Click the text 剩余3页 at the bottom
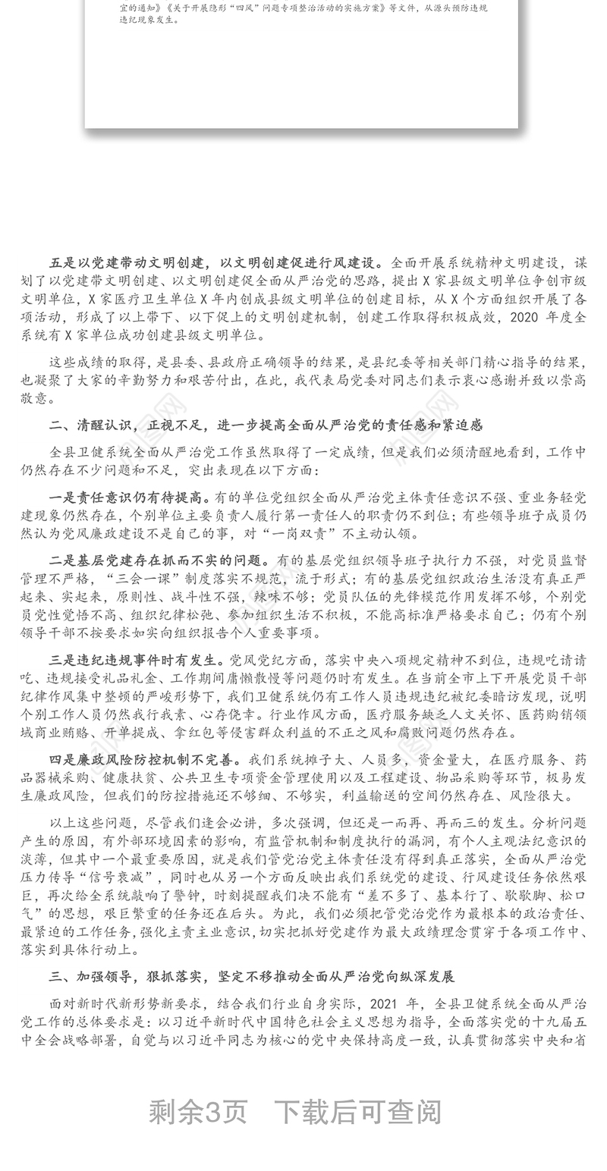pyautogui.click(x=198, y=1112)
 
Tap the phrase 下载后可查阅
pyautogui.click(x=357, y=1112)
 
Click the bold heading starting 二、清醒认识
pyautogui.click(x=266, y=425)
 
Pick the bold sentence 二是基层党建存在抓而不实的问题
pyautogui.click(x=159, y=561)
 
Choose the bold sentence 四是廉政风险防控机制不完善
pyautogui.click(x=144, y=759)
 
